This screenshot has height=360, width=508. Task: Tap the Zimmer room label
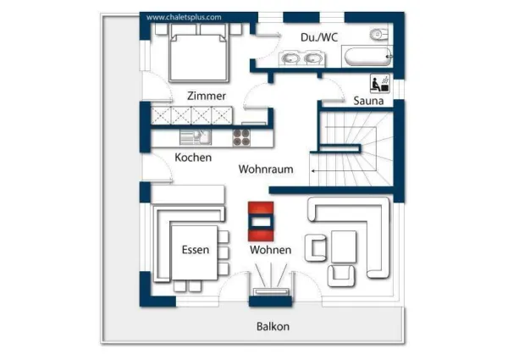pos(207,96)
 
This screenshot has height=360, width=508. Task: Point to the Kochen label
pos(193,158)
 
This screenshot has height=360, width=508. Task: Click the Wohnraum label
pos(265,169)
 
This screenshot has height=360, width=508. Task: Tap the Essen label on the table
pos(195,250)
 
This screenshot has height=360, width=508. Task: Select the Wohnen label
pos(270,250)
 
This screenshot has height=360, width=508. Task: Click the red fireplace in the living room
pos(260,219)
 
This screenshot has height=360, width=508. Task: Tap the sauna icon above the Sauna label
pos(378,83)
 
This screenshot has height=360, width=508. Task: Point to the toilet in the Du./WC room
pos(378,35)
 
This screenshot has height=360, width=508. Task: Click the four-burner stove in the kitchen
pos(242,137)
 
